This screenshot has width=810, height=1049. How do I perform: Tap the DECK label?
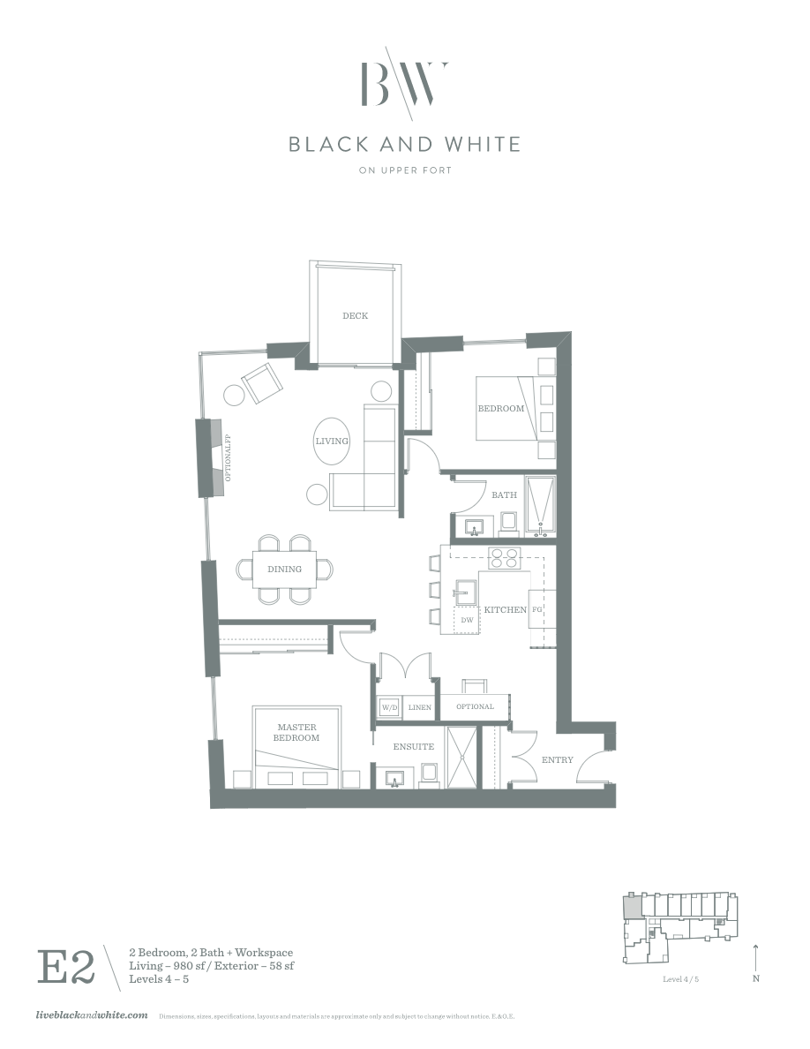(355, 315)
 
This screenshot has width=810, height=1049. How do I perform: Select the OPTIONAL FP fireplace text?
(228, 458)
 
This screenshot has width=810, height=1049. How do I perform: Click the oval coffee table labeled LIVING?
(332, 441)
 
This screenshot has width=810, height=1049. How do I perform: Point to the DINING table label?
(284, 570)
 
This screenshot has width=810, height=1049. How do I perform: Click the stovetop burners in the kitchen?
(505, 558)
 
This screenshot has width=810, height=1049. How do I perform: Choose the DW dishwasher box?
(467, 620)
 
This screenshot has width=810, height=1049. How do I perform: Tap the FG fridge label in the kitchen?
(536, 610)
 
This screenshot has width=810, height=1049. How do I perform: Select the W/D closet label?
(389, 707)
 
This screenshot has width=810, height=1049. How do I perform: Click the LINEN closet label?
(420, 707)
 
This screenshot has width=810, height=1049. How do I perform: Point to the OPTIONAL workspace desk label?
(475, 706)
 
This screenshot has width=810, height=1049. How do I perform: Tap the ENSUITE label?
(413, 747)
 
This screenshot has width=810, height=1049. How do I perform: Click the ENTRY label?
(558, 759)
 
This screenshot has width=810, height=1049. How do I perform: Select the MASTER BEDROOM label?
(296, 732)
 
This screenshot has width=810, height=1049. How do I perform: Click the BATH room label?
(504, 495)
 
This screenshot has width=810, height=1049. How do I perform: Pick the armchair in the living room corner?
(263, 382)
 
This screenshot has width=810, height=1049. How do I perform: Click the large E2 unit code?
(65, 967)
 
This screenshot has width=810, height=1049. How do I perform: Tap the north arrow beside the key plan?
(756, 961)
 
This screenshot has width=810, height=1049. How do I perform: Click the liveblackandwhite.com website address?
(90, 1016)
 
